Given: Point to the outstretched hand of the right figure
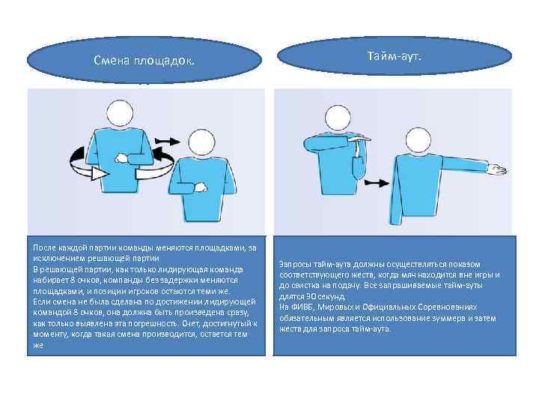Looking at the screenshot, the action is (x=496, y=171).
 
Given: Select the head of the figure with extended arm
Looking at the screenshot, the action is (x=403, y=124).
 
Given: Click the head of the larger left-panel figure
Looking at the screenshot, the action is (x=121, y=113).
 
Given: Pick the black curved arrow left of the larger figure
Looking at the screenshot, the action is (x=79, y=157).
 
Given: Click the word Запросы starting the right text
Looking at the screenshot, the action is (x=293, y=264).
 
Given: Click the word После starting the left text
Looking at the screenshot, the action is (x=43, y=247).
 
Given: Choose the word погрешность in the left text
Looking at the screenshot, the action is (x=149, y=323).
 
